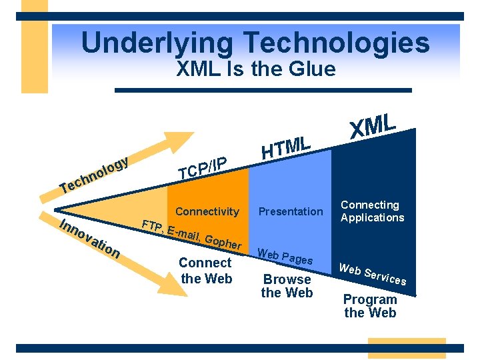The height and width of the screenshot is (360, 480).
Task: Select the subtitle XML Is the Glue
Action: click(255, 69)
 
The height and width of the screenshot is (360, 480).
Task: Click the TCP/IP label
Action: click(203, 167)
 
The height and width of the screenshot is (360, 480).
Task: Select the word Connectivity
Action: click(207, 212)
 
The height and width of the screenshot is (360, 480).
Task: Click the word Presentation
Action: click(291, 212)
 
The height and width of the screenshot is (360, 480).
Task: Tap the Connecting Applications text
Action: click(372, 211)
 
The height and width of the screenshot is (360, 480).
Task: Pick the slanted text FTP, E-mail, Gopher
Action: click(191, 233)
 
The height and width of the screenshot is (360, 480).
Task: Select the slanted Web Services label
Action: click(372, 273)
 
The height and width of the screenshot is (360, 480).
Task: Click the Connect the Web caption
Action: click(205, 270)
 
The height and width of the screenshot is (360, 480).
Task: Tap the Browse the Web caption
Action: click(287, 286)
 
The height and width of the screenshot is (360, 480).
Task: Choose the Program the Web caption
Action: click(370, 306)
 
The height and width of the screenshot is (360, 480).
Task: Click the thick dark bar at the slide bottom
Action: click(239, 348)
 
